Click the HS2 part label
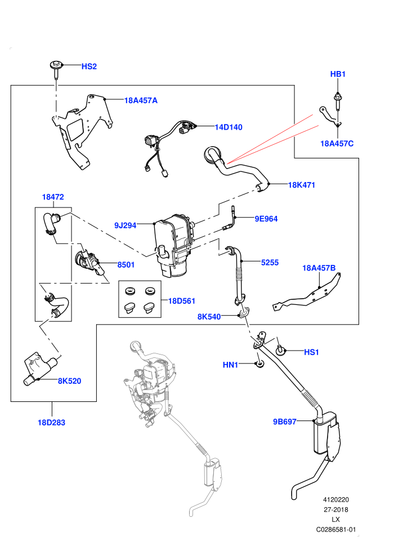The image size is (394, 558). point(89,67)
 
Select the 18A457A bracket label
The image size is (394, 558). point(141,100)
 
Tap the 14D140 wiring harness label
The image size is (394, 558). point(229,127)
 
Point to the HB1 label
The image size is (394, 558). point(338,74)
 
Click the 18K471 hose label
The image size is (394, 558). point(302,185)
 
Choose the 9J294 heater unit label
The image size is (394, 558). point(125,225)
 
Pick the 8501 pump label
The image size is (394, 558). point(126,265)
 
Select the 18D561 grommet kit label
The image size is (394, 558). point(182,301)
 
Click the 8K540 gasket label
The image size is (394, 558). point(209,317)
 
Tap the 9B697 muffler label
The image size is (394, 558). point(285,422)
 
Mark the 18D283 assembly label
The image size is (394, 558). point(52,423)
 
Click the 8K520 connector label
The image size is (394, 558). point(70,381)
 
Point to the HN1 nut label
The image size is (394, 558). point(230,365)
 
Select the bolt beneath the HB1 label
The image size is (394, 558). point(337,101)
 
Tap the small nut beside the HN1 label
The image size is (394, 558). point(259,365)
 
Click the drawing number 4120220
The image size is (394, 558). point(335,499)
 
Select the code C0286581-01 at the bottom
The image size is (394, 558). point(335,529)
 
